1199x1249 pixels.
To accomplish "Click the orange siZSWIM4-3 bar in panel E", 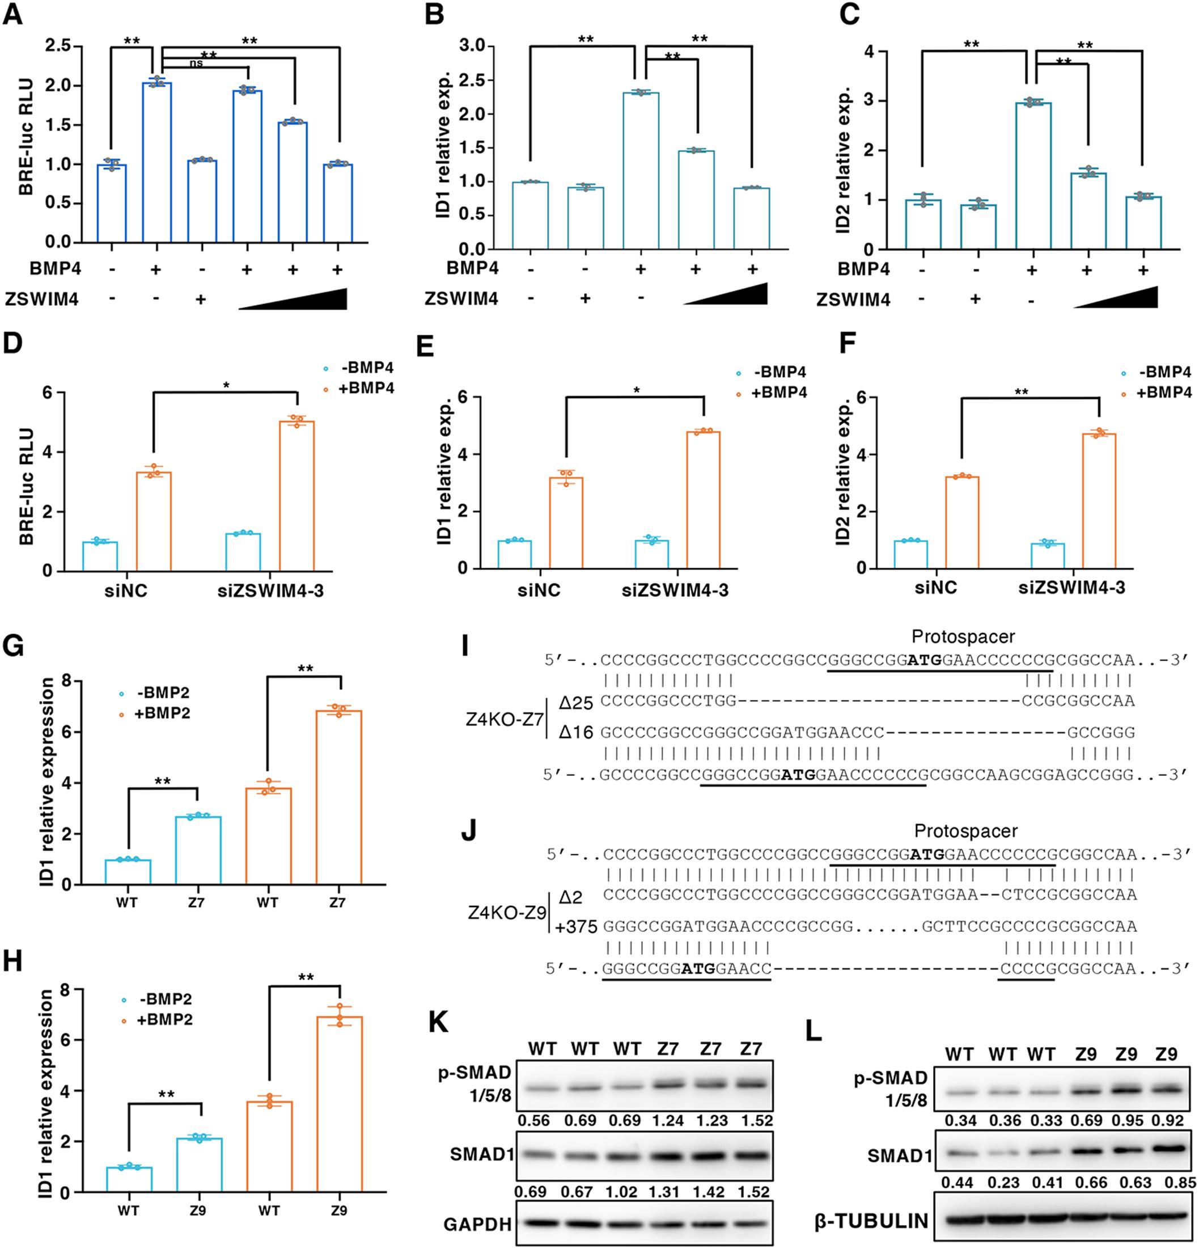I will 703,500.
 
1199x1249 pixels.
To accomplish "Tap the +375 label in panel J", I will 575,927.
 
